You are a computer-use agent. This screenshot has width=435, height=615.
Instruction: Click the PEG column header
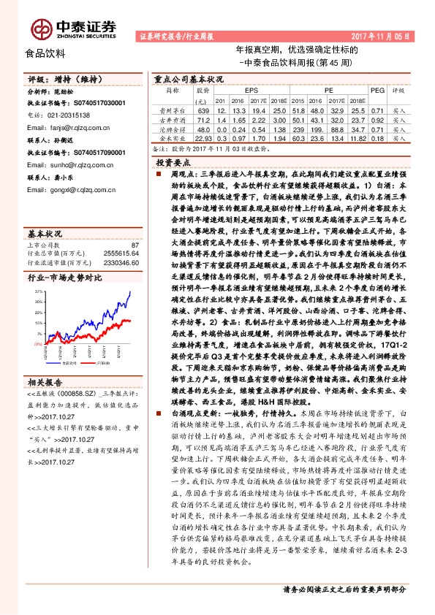coord(377,90)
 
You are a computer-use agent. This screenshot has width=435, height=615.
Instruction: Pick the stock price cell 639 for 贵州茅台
coord(203,109)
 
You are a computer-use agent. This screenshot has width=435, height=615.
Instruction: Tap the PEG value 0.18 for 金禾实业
coord(377,137)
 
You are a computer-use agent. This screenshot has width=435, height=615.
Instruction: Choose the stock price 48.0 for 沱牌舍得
coord(203,128)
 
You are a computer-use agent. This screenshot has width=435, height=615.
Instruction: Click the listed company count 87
coord(134,245)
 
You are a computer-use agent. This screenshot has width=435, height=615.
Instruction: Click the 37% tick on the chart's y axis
coord(37,291)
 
